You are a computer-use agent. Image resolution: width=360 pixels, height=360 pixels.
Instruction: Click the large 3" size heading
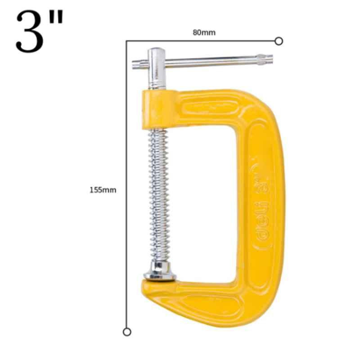pyautogui.click(x=39, y=31)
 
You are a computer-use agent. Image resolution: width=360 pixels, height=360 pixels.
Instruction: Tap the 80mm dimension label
pyautogui.click(x=204, y=32)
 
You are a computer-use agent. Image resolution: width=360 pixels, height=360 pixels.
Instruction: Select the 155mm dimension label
pyautogui.click(x=103, y=190)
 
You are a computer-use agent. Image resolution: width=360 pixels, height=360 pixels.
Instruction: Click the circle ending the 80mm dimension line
pyautogui.click(x=279, y=41)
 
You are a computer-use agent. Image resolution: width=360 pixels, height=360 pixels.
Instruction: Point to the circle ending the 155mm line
pyautogui.click(x=127, y=332)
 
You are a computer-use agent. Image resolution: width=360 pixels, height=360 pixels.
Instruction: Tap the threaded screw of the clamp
pyautogui.click(x=159, y=195)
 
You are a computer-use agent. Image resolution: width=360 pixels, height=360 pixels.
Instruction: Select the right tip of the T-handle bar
pyautogui.click(x=272, y=59)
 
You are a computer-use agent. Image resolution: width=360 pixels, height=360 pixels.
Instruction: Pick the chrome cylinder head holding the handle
pyautogui.click(x=157, y=68)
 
